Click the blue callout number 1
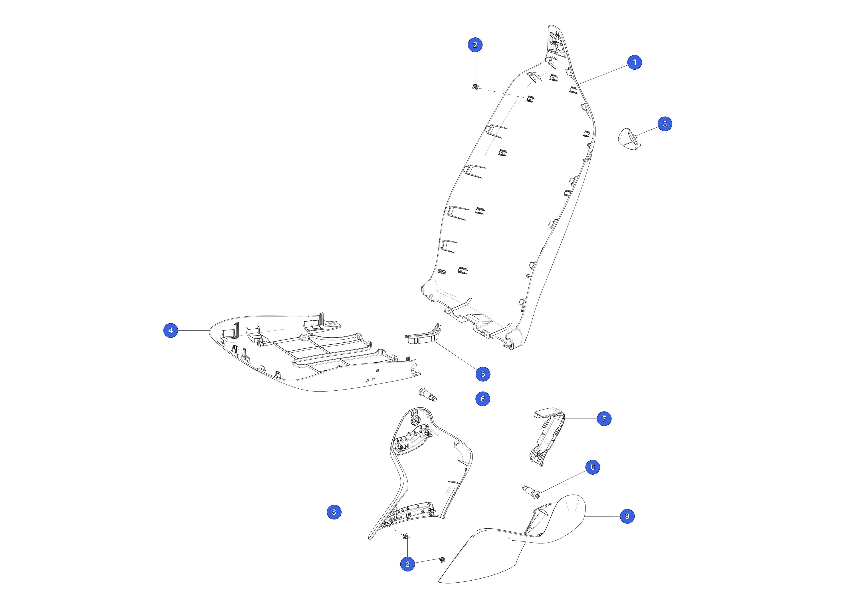[x=635, y=62]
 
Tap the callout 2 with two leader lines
[x=407, y=564]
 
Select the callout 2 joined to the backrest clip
[x=475, y=45]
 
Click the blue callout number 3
[x=665, y=124]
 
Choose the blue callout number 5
[x=483, y=374]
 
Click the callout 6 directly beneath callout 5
[x=482, y=399]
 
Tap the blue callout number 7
[x=604, y=419]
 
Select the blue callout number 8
[x=334, y=512]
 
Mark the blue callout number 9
[x=627, y=516]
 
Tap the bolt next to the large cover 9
[x=532, y=491]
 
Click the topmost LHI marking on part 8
[x=414, y=414]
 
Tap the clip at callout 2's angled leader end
[x=443, y=560]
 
